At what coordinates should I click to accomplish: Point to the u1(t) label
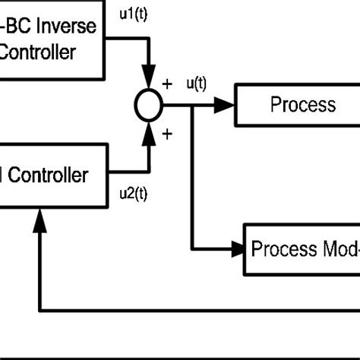click(134, 13)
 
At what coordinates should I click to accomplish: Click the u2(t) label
click(134, 194)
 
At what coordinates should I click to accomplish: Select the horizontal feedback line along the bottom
click(197, 311)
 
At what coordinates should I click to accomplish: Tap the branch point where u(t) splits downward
click(193, 106)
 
